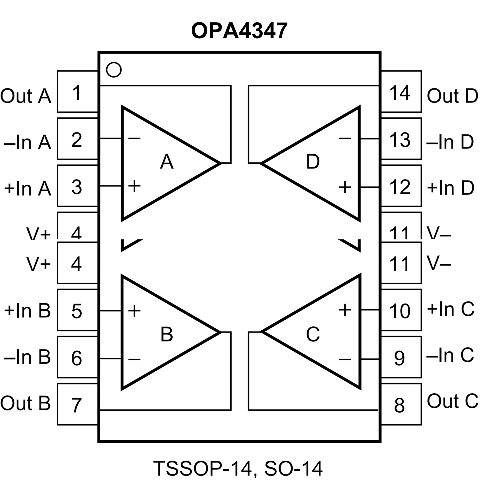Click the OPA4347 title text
tap(239, 31)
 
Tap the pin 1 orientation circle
tap(113, 70)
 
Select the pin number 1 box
tap(77, 92)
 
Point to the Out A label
tap(26, 96)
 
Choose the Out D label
tap(452, 96)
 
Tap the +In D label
tap(450, 188)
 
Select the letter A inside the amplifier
tap(166, 162)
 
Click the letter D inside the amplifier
tap(313, 162)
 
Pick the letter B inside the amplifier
tap(166, 334)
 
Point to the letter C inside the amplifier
tap(313, 334)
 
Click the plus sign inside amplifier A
tap(134, 186)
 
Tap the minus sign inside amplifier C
tap(345, 359)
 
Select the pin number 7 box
tap(77, 404)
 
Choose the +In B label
tap(28, 311)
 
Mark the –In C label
tap(450, 355)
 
